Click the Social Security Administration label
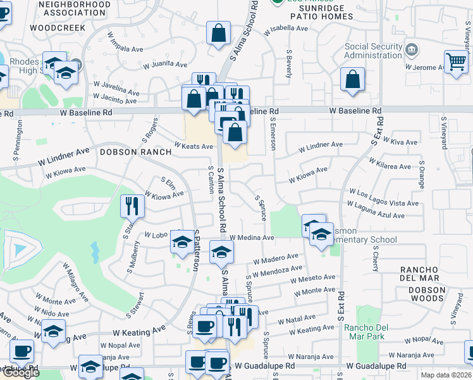click(x=374, y=51)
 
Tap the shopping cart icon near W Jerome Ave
click(x=455, y=62)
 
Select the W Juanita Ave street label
click(x=165, y=65)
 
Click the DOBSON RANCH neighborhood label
click(x=135, y=152)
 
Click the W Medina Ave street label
click(x=252, y=237)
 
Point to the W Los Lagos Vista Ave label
click(x=383, y=197)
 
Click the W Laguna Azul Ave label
click(x=376, y=210)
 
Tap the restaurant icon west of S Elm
click(x=133, y=205)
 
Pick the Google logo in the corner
click(x=21, y=372)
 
